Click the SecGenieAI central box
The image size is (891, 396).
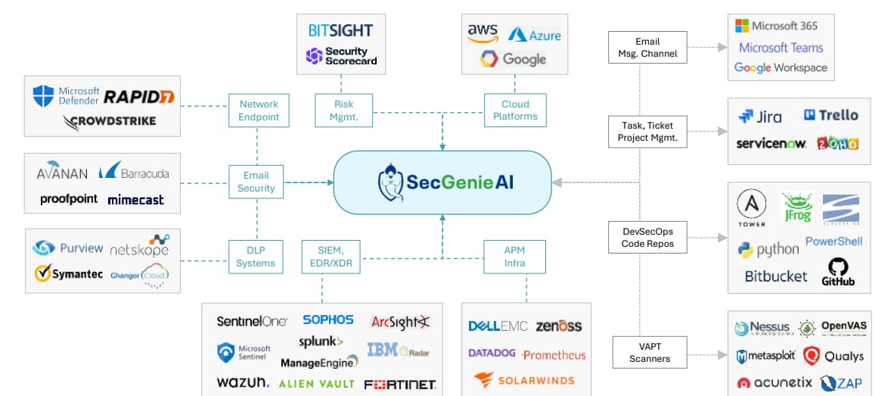[442, 182]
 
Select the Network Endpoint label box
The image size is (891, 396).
[259, 111]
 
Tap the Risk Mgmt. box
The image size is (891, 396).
[343, 111]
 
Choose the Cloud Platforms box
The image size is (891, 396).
[515, 111]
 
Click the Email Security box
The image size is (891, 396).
[256, 182]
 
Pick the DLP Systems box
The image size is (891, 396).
[256, 257]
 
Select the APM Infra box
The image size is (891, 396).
[514, 257]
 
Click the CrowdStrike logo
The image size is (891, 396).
[110, 121]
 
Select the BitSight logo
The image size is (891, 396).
[340, 30]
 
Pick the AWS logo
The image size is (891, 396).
[483, 33]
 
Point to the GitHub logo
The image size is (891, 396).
[838, 272]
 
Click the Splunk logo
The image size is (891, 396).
[321, 341]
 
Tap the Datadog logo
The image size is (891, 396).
[492, 354]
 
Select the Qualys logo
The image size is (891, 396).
[833, 356]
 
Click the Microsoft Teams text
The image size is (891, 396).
[781, 47]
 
